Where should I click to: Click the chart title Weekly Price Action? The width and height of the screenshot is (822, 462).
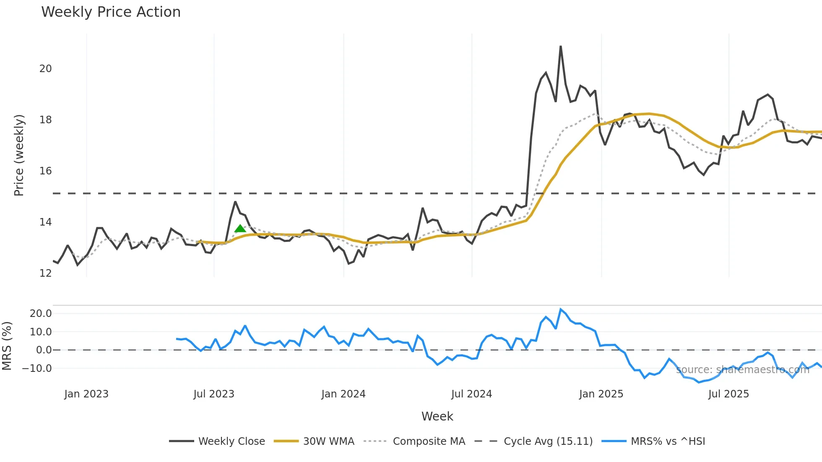coord(111,12)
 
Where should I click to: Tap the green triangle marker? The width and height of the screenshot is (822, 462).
coord(240,228)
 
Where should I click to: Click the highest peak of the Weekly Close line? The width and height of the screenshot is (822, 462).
coord(561,47)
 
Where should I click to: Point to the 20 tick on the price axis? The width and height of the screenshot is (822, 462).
coord(45,69)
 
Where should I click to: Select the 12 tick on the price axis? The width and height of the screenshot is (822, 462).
coord(45,273)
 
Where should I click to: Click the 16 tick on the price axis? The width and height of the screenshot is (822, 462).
coord(45,171)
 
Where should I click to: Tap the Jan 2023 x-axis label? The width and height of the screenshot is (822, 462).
coord(86,394)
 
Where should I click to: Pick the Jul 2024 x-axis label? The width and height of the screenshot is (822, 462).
coord(471,394)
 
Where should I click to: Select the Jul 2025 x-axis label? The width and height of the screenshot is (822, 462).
coord(728,394)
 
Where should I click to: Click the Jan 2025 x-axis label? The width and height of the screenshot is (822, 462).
coord(601,394)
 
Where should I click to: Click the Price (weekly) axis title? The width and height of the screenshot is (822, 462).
coord(19,155)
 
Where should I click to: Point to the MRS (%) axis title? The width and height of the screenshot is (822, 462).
coord(7,346)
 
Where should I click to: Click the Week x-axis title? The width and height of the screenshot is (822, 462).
coord(437,416)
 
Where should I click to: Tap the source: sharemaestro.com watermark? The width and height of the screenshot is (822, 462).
coord(742,370)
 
